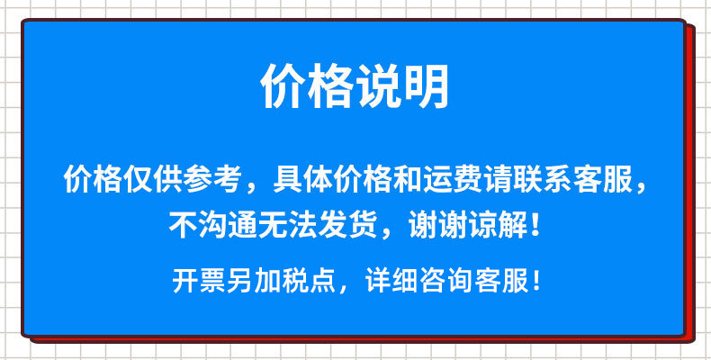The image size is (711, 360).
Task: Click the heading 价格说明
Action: pos(355,87)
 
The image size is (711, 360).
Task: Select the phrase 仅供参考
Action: pos(179,180)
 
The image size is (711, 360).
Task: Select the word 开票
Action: pos(193,281)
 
